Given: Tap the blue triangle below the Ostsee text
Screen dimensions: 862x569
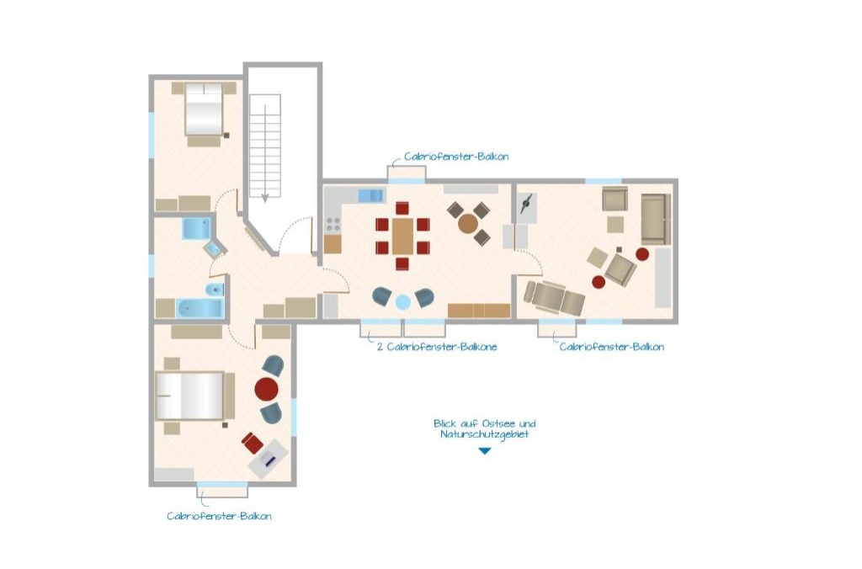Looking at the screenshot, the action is pos(484,451).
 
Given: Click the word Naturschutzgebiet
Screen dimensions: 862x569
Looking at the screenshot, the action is pos(484,434).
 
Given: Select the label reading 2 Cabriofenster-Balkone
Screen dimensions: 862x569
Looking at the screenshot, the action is pos(437,347).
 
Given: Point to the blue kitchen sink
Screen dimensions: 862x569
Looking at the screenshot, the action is pos(371,195).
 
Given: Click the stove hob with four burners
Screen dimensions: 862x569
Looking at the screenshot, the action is pos(333,224).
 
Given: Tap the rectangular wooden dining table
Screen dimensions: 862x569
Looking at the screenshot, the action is pos(402,237).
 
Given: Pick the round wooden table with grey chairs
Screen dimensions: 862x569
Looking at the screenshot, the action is pos(468,224).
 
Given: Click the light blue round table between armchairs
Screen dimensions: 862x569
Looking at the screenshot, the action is pos(403,302).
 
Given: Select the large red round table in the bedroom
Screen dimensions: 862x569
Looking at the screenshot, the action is pos(267,389).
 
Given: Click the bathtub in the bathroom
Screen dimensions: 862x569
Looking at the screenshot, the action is pos(200,308).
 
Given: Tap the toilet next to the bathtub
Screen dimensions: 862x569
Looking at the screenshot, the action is pos(215,290).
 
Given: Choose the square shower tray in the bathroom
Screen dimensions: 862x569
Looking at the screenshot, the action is pos(196,229).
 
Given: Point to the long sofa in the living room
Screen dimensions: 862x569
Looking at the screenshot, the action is pos(655,219).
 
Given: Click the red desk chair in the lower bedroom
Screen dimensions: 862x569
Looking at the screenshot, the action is pos(253,443).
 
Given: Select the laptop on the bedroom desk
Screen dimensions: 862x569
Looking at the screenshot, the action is pos(269,460).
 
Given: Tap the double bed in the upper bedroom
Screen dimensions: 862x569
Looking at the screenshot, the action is pos(204,109).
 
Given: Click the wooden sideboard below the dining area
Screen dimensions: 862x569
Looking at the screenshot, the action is pos(479,311).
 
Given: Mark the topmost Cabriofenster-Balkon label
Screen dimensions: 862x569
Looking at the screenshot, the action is pos(456,157).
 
